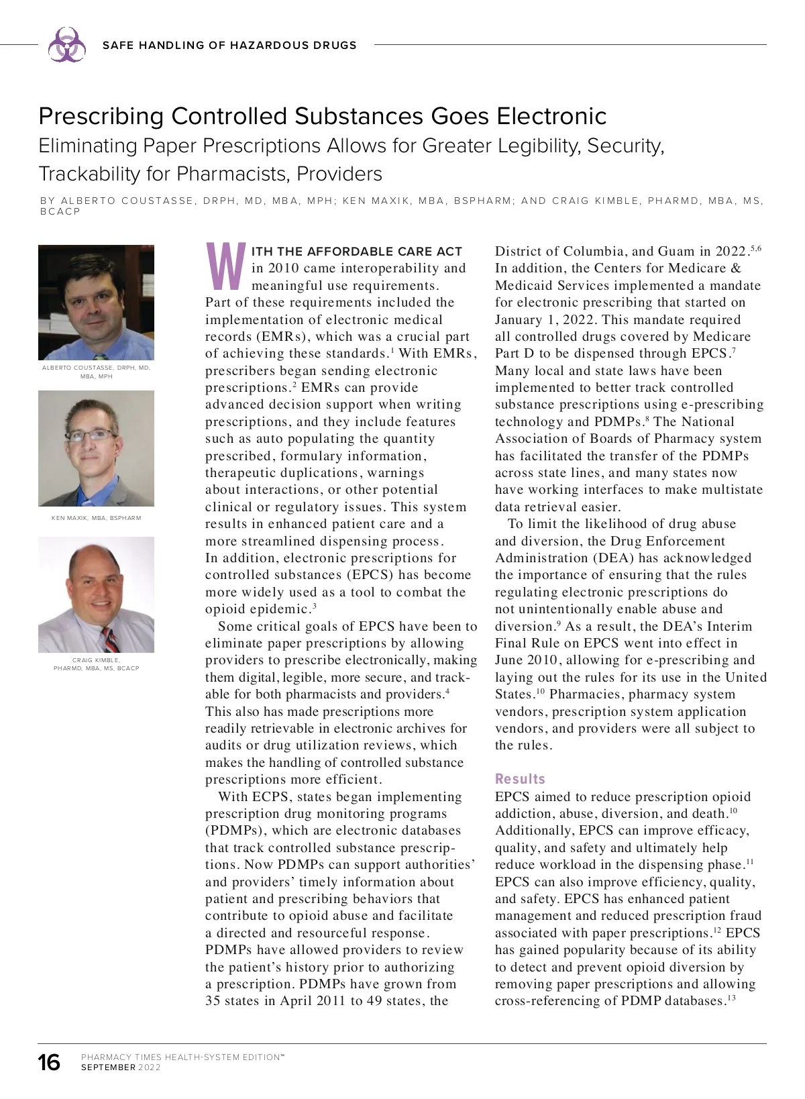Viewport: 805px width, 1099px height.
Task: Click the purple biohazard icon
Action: point(66,45)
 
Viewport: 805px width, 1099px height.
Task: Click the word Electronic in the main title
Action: point(551,116)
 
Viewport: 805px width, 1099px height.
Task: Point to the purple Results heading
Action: point(520,779)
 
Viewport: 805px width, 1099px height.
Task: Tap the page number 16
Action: point(49,1063)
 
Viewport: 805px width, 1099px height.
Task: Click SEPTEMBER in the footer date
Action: point(108,1067)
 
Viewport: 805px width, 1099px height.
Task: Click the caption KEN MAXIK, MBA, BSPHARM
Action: point(96,518)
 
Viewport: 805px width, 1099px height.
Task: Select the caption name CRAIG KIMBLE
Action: point(96,660)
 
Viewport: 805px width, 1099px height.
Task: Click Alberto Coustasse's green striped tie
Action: point(101,357)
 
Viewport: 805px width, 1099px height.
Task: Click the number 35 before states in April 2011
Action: point(214,1001)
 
